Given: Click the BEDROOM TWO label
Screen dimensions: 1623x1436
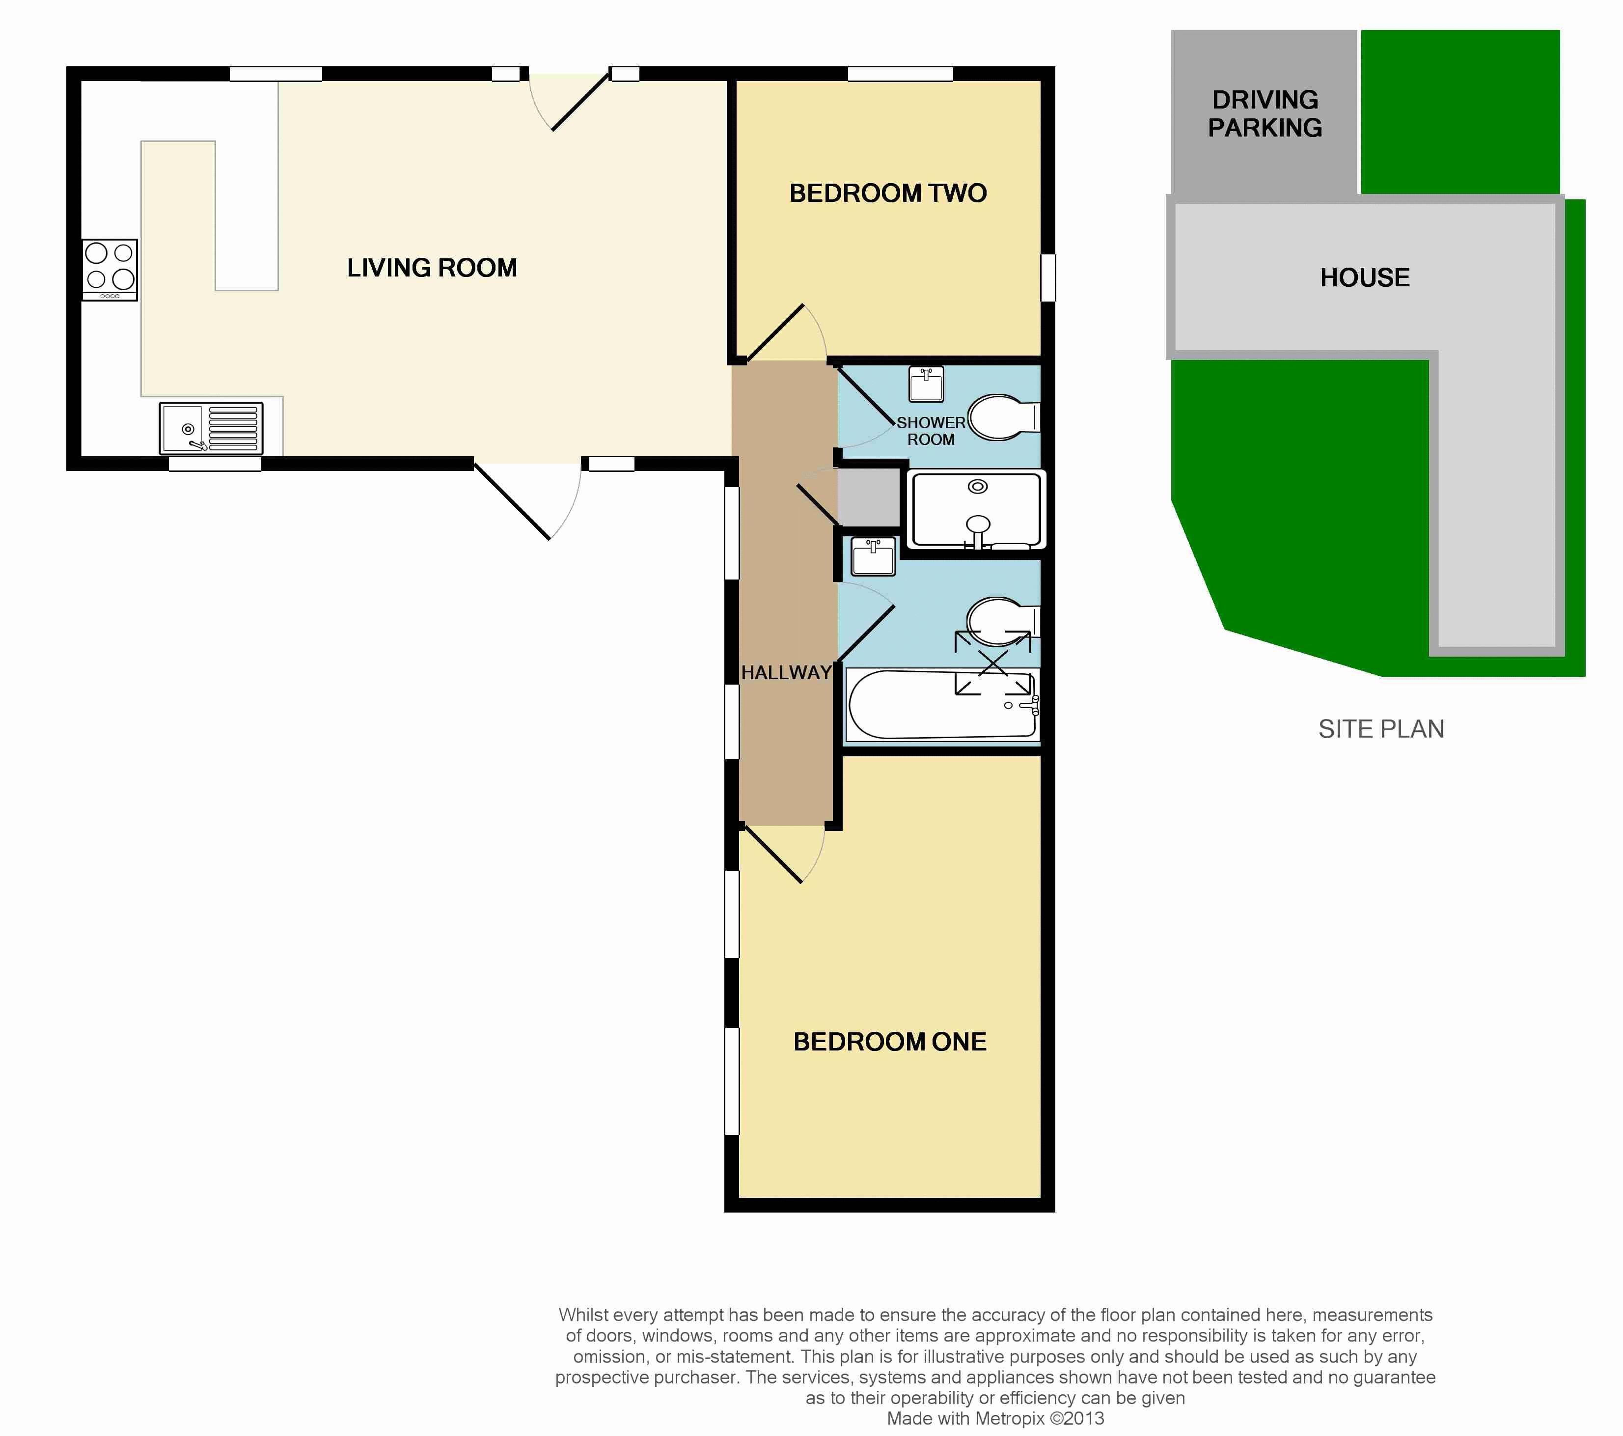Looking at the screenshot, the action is click(x=888, y=193).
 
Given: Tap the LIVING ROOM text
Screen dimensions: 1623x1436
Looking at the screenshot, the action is click(x=432, y=268).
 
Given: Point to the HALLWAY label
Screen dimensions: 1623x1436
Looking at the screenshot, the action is click(x=786, y=673).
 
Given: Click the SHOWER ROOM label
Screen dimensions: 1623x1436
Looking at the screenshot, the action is click(x=931, y=431).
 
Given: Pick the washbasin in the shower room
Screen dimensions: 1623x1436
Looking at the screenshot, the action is click(x=926, y=385).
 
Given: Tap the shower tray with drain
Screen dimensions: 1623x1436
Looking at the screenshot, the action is click(x=977, y=510).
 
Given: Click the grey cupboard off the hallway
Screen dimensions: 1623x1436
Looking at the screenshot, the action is click(x=870, y=497).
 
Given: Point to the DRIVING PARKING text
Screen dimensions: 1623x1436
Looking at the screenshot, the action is click(x=1265, y=113).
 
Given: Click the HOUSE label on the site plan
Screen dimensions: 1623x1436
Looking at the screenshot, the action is click(x=1365, y=277).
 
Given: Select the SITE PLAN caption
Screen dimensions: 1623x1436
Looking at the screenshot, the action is click(x=1381, y=729).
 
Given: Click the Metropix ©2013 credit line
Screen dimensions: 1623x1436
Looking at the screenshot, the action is click(x=995, y=1418).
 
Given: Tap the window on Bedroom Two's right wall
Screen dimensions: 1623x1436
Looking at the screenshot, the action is click(x=1048, y=277).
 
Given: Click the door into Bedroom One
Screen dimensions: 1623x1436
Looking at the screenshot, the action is click(x=782, y=855).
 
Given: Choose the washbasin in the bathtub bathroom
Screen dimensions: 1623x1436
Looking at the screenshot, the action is click(x=873, y=556).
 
